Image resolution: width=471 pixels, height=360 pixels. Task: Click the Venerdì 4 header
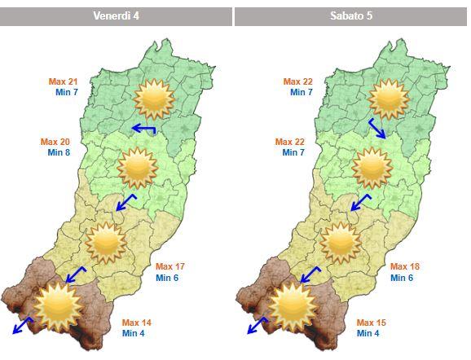click(x=117, y=16)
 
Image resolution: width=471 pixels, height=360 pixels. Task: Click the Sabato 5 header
click(x=351, y=16)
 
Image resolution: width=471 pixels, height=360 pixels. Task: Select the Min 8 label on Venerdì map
click(x=59, y=152)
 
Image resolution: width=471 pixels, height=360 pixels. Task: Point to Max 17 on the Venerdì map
click(x=170, y=267)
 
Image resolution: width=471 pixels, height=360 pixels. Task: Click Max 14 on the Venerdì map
click(x=137, y=323)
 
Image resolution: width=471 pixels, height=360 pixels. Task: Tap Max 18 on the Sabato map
click(x=406, y=267)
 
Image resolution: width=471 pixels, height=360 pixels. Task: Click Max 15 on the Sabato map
click(x=372, y=323)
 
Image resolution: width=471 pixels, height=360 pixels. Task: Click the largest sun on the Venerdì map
click(x=58, y=305)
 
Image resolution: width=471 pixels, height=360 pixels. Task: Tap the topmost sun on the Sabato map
click(x=388, y=99)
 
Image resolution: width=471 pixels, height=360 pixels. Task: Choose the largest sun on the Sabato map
click(x=293, y=305)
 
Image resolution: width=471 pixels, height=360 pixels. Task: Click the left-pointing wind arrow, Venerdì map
click(x=144, y=128)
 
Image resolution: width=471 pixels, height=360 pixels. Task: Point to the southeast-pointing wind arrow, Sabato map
click(x=378, y=129)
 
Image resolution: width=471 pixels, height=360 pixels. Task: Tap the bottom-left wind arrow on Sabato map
click(x=258, y=326)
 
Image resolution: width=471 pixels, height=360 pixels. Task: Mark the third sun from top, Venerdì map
click(x=105, y=242)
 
